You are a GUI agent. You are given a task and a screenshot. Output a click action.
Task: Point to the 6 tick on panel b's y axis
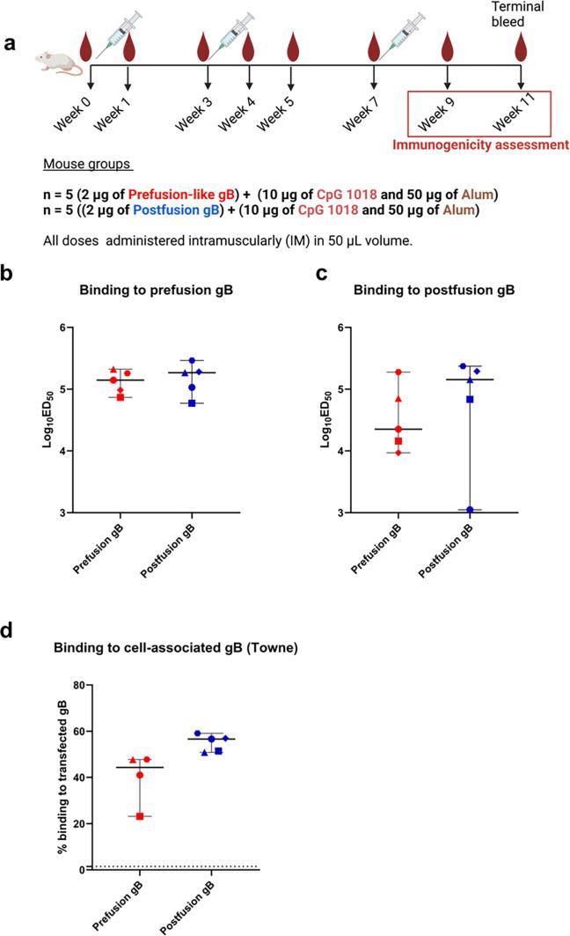pyautogui.click(x=86, y=328)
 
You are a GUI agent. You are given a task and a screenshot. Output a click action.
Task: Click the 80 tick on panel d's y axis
pyautogui.click(x=80, y=685)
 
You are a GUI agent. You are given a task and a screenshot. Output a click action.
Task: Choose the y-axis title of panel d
pyautogui.click(x=61, y=778)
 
